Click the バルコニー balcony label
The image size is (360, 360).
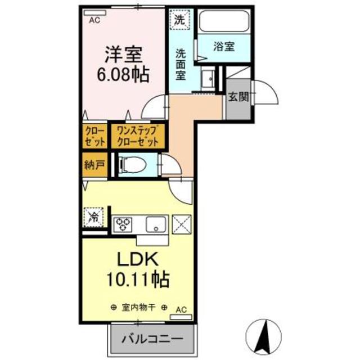click(x=153, y=340)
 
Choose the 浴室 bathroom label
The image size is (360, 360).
click(x=224, y=47)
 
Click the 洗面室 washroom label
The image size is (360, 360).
click(x=181, y=64)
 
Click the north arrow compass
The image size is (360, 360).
click(x=264, y=336)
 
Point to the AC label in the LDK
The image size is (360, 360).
click(x=181, y=308)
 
